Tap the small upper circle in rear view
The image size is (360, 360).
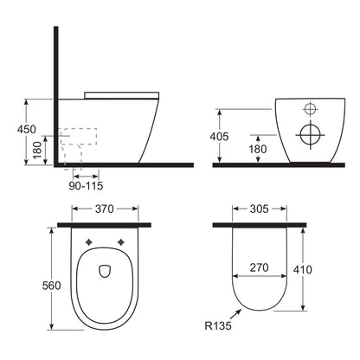(x=309, y=109)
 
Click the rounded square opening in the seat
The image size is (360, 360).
(x=104, y=270)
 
